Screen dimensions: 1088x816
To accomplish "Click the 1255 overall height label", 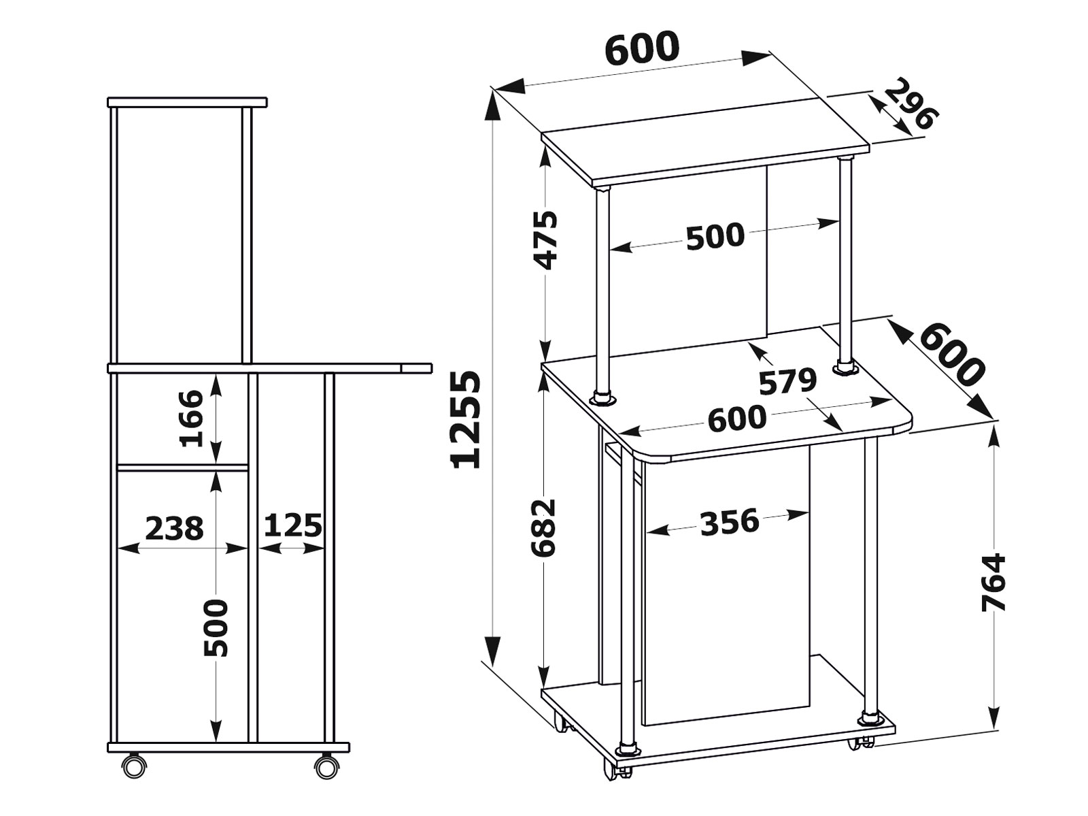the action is tap(465, 419).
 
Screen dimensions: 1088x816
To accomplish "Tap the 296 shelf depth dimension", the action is tap(911, 104).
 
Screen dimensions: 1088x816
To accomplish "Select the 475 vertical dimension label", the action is tap(547, 241).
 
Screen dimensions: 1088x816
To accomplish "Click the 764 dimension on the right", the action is tap(994, 583).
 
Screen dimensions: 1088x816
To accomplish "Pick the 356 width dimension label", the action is tap(730, 522).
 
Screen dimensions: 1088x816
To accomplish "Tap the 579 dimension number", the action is tap(787, 381).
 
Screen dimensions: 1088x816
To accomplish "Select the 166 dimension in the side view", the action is tap(192, 419).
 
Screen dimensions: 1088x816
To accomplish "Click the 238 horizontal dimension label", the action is tap(175, 528).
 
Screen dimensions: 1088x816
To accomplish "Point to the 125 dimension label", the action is tap(293, 525).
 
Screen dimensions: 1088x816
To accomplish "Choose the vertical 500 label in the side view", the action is tap(216, 627).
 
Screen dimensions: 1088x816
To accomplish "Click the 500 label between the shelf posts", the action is tap(715, 236).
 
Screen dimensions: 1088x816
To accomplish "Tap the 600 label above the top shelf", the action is tap(642, 48).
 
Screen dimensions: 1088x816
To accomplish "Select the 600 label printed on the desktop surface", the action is tap(737, 418).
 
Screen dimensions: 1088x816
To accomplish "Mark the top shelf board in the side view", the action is tap(188, 103).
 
